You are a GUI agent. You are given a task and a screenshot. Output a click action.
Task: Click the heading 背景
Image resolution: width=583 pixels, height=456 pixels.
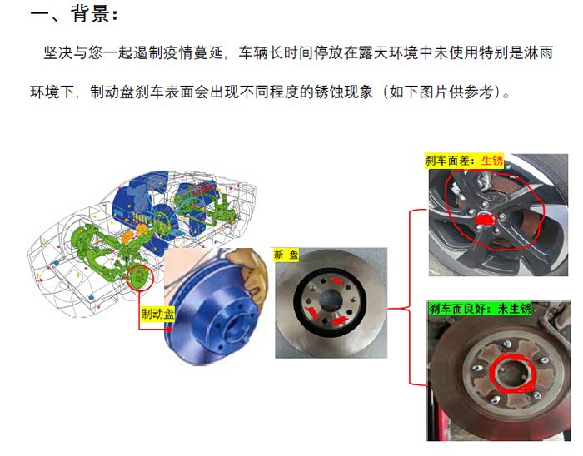(x=90, y=14)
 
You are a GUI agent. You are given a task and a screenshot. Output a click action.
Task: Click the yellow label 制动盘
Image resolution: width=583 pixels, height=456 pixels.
(x=157, y=314)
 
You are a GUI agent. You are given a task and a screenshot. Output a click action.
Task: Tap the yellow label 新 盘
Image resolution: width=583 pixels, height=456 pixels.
(x=286, y=255)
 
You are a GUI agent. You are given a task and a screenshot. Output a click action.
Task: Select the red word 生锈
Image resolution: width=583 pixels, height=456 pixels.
(x=492, y=161)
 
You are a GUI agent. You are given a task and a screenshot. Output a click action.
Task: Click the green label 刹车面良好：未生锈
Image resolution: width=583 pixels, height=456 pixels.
(x=480, y=308)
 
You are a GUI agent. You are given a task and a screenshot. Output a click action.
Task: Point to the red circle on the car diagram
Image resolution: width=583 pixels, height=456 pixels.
(x=139, y=278)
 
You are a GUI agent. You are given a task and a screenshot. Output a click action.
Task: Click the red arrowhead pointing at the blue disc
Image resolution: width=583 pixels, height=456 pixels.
(x=170, y=329)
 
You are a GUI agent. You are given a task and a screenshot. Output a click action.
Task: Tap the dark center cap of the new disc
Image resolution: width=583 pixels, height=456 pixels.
(x=331, y=300)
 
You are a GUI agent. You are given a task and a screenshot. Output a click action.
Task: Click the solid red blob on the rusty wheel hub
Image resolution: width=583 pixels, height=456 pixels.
(x=486, y=220)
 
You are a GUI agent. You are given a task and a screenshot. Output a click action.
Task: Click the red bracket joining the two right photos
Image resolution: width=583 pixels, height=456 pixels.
(x=410, y=297)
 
